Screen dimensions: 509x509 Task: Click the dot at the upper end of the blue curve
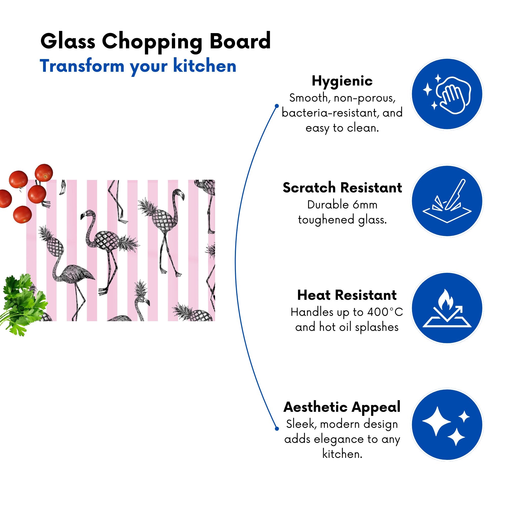click(x=277, y=106)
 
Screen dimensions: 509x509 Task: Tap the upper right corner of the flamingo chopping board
click(x=215, y=180)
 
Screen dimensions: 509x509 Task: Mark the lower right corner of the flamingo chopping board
click(x=215, y=321)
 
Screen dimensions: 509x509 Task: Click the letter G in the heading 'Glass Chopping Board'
click(x=49, y=41)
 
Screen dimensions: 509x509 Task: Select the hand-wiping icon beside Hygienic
click(x=447, y=94)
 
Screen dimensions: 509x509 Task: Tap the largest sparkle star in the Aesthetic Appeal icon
click(x=436, y=421)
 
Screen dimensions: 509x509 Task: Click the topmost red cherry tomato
click(x=44, y=173)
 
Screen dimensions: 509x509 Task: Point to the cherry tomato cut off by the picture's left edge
click(x=5, y=199)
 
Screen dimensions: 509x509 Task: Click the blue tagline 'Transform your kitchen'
click(x=138, y=66)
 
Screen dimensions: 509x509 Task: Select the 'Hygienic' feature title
click(x=342, y=81)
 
